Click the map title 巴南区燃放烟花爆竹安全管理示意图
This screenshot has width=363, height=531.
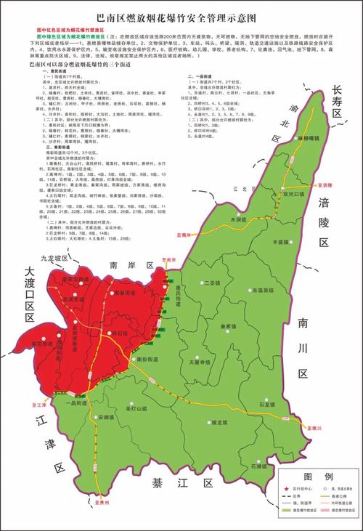181,16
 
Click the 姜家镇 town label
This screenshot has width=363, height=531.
229,326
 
